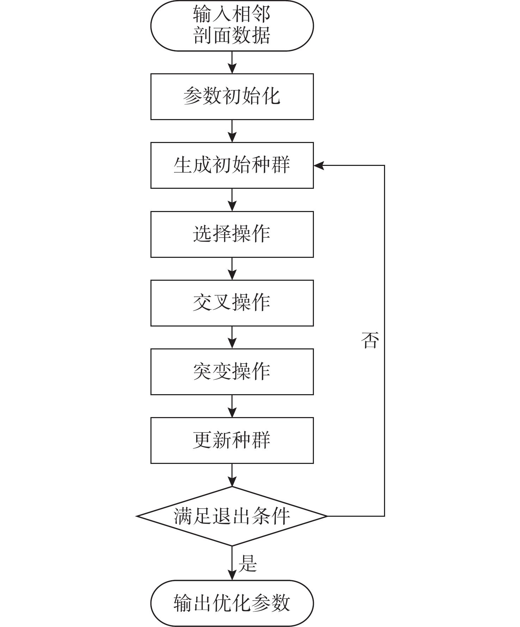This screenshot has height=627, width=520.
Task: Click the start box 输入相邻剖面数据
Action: [232, 26]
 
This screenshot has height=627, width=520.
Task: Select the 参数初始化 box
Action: [232, 97]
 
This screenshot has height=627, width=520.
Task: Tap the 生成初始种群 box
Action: [232, 165]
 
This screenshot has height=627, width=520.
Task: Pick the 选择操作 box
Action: [232, 234]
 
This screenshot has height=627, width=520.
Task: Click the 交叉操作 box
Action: [232, 303]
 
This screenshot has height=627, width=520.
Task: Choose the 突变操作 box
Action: [232, 372]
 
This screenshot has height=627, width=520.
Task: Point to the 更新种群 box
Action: [232, 440]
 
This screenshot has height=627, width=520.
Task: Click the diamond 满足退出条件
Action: [232, 516]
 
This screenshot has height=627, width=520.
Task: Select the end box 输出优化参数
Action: [232, 603]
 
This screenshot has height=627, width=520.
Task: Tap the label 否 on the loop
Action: [370, 340]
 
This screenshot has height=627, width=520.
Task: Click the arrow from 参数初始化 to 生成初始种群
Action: [232, 131]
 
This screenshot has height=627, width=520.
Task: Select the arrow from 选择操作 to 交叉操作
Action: [232, 269]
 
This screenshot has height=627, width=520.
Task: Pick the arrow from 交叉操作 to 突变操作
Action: [232, 337]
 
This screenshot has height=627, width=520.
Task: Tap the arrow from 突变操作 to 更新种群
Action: [232, 406]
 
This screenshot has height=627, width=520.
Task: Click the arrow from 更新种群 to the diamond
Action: [232, 475]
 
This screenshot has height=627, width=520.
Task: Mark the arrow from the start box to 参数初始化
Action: [232, 62]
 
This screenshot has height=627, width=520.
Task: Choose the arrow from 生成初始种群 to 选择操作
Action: [232, 200]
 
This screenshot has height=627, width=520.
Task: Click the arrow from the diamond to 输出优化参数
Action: [232, 563]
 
